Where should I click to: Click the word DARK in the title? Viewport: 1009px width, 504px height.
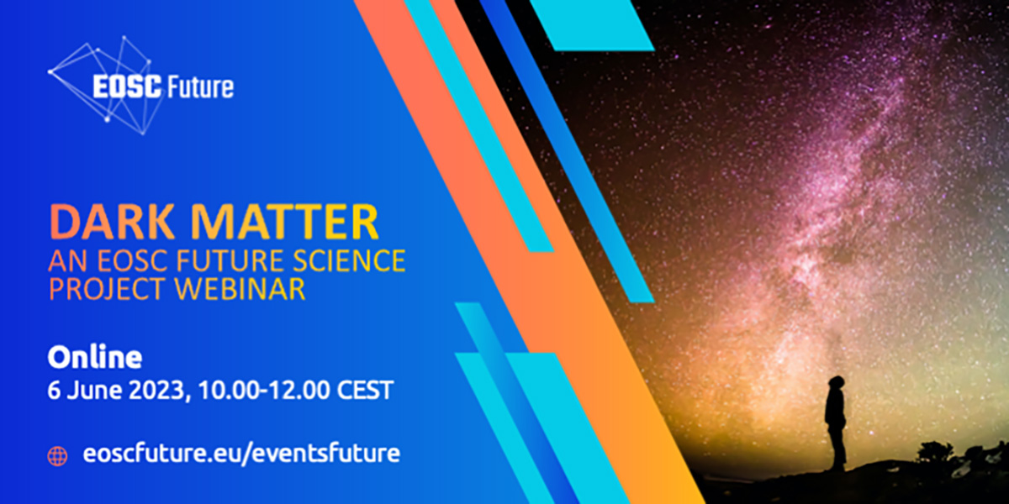click(112, 223)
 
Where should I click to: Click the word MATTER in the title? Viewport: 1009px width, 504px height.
click(284, 223)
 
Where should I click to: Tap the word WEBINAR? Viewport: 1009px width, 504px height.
click(240, 289)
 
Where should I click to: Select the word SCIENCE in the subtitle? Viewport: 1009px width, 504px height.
click(349, 260)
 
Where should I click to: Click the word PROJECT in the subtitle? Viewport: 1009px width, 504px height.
click(108, 289)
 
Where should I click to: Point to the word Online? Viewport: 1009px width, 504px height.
click(95, 357)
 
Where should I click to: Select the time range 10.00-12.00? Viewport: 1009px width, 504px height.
click(264, 390)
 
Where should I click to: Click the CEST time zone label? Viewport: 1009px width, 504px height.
click(366, 390)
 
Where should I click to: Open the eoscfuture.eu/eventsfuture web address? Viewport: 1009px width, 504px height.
click(241, 453)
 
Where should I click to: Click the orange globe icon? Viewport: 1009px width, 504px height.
click(58, 456)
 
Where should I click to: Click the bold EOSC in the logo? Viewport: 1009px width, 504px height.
click(127, 87)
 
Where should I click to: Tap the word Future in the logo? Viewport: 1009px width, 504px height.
click(200, 87)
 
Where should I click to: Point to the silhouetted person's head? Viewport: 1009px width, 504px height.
click(837, 385)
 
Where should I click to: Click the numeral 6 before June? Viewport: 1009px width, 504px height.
click(54, 390)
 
